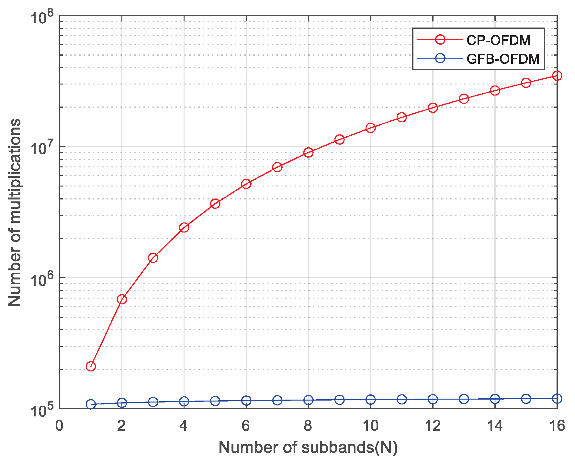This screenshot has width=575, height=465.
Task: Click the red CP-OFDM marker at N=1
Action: (91, 367)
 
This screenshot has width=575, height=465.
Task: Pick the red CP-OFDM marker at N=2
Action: (122, 299)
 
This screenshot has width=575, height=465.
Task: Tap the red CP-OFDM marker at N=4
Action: (184, 228)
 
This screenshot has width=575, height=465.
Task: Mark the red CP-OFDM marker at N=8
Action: (308, 153)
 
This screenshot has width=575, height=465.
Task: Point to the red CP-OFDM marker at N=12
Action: (433, 108)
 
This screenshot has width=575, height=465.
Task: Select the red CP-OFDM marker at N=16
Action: (557, 76)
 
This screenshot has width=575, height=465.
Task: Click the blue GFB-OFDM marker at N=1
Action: (91, 404)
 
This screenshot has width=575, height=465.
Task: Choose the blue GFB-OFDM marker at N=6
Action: (246, 401)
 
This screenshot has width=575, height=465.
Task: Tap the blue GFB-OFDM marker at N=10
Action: (370, 400)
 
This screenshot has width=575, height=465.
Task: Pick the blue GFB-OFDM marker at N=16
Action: (557, 399)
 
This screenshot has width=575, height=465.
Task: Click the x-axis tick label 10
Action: (370, 426)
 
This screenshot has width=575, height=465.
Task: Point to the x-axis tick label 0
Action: (59, 426)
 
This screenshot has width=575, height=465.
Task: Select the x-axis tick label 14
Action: (495, 426)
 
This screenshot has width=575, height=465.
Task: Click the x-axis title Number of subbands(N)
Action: (308, 448)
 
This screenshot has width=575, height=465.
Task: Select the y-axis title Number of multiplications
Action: (15, 212)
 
